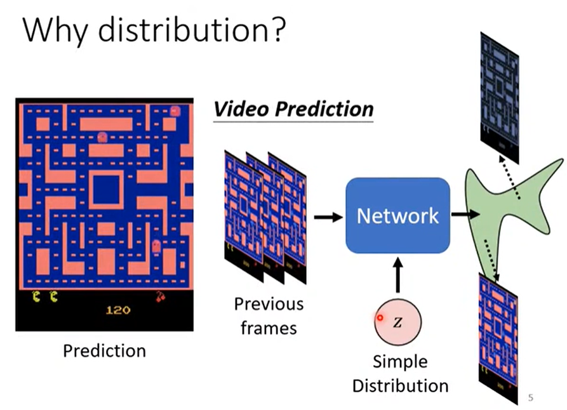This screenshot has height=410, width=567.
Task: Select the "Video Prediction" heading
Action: (x=293, y=109)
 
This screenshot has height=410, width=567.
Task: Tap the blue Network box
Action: (x=397, y=216)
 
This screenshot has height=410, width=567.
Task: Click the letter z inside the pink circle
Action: (x=398, y=322)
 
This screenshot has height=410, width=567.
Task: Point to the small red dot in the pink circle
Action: (x=380, y=318)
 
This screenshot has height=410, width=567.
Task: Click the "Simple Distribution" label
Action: (x=400, y=373)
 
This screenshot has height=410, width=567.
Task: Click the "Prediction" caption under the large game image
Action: (x=104, y=350)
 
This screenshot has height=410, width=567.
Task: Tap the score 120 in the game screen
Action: (x=117, y=310)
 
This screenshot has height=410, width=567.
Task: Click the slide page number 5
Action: (x=531, y=398)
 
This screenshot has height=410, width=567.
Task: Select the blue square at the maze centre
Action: (x=105, y=190)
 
